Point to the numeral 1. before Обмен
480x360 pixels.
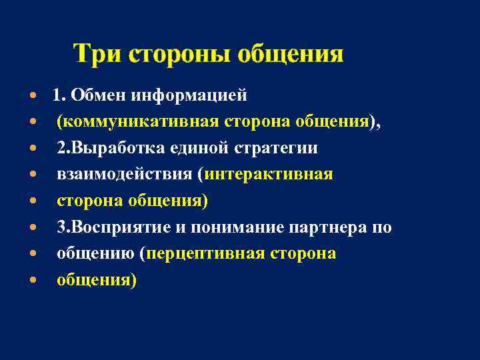tap(59, 95)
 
